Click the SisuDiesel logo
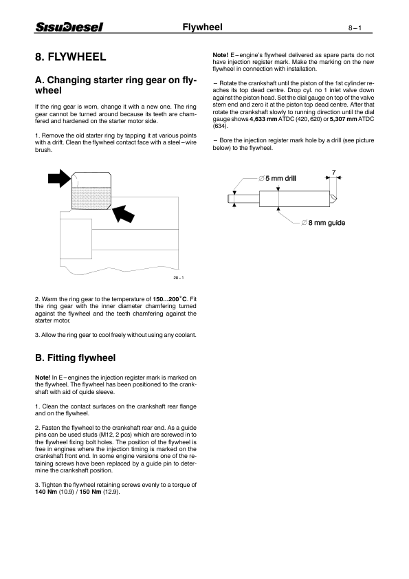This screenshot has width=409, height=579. pos(69,27)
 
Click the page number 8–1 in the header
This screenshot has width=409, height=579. pos(359,28)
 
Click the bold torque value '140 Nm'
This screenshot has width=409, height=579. pos(45,492)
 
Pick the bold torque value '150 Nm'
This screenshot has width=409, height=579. pos(88,492)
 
